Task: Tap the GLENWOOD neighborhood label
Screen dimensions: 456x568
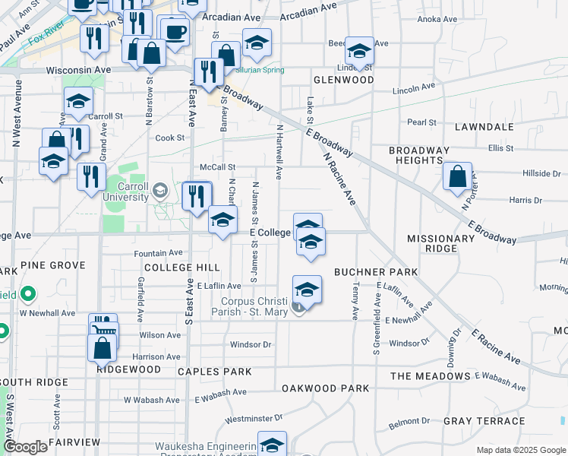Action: (343, 80)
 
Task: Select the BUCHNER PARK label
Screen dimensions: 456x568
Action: (376, 271)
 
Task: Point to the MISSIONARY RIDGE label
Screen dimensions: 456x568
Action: (440, 243)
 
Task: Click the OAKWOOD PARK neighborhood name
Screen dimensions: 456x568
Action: (325, 388)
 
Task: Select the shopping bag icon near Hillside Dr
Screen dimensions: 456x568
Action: (458, 178)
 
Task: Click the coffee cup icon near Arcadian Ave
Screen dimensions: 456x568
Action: (175, 32)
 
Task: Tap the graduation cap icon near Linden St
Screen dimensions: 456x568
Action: (359, 51)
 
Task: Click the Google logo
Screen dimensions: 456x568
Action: (25, 447)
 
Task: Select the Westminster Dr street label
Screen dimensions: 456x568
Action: (254, 418)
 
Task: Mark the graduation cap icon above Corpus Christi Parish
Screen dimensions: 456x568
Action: (307, 290)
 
